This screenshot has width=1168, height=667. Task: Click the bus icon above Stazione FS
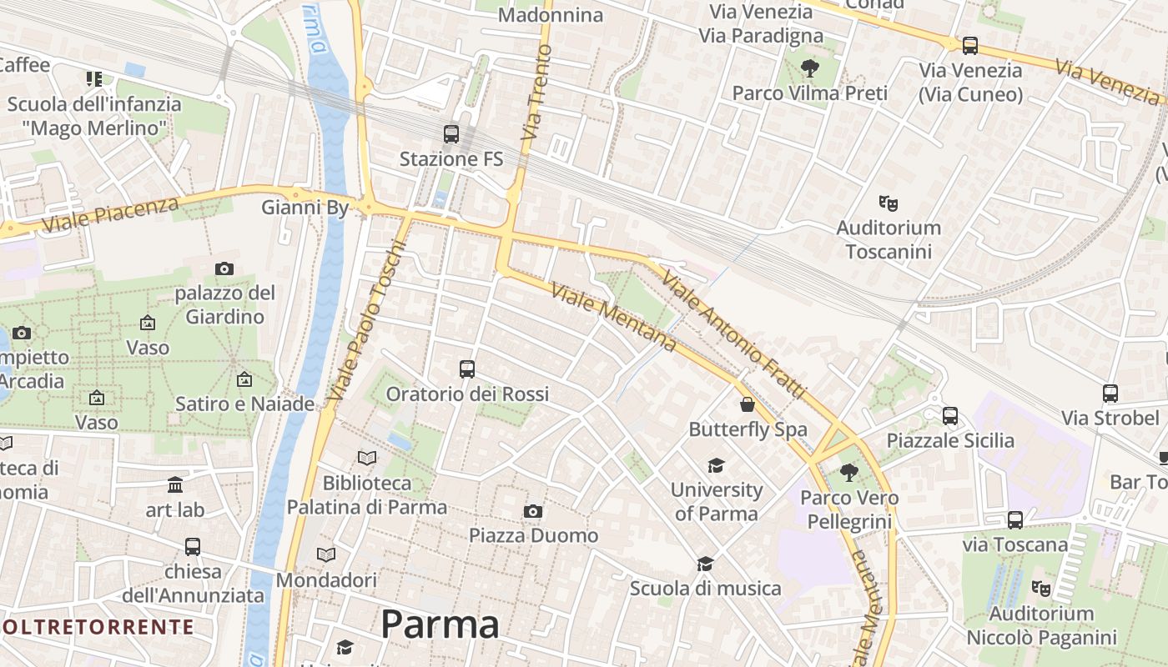[451, 133]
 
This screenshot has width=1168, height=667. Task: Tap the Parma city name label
[441, 624]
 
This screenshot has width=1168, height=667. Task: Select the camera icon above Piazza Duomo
[533, 511]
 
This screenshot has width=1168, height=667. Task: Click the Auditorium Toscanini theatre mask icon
[889, 203]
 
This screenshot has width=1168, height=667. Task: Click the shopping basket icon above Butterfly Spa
[748, 405]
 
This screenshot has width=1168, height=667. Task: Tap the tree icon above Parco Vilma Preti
[808, 68]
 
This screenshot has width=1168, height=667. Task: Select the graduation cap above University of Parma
[716, 465]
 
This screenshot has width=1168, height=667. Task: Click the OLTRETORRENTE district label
[98, 627]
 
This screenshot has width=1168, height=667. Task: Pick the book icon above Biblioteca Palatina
[366, 458]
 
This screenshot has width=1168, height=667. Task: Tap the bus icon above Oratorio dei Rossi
[467, 369]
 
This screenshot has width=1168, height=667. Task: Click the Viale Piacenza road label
[110, 215]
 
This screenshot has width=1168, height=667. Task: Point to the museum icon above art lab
[175, 485]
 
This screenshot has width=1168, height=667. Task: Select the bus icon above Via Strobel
[1110, 394]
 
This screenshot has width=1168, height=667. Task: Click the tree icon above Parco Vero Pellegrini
[849, 474]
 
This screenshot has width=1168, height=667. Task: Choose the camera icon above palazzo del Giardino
[224, 268]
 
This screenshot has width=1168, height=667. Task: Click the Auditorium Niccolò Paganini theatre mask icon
[1040, 589]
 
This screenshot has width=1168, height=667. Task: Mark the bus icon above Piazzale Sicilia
[950, 416]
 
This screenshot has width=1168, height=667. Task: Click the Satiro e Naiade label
[244, 404]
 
